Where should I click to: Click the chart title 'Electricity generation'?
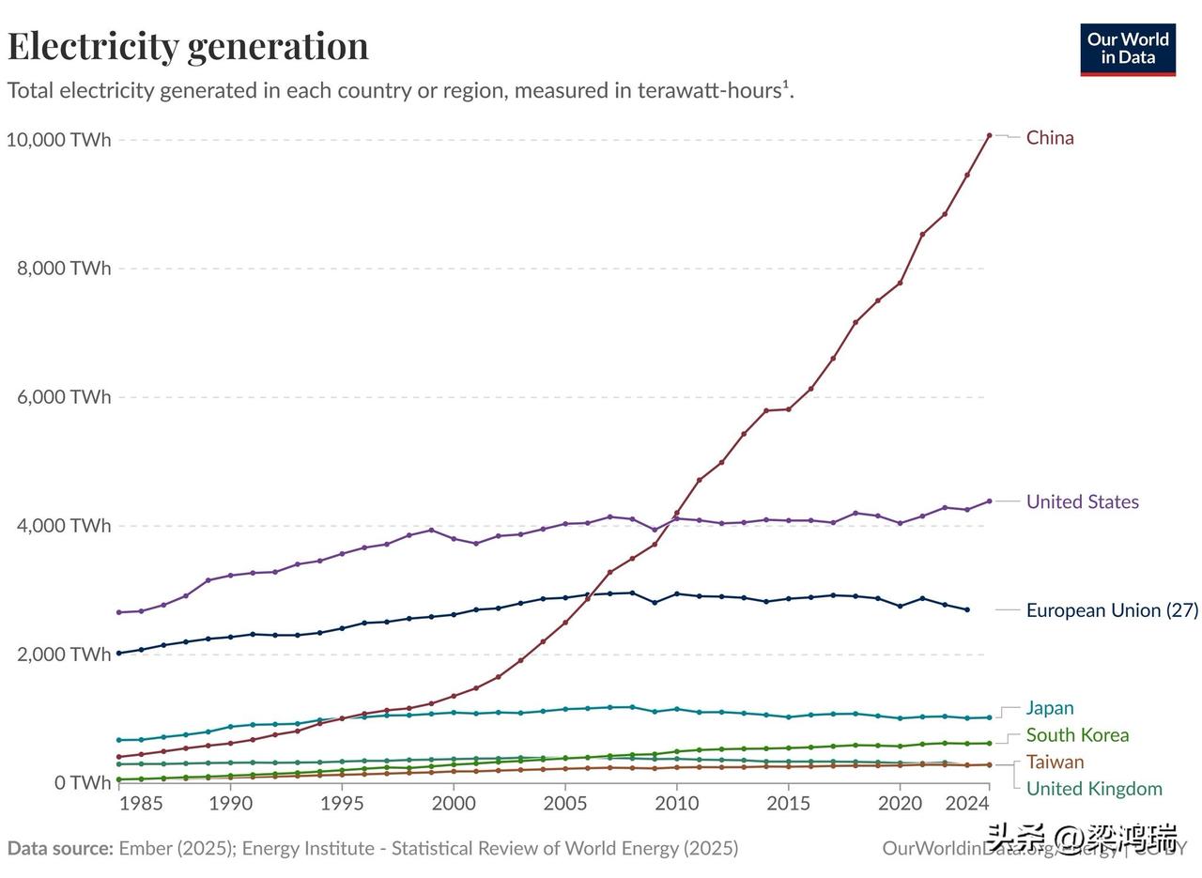188,45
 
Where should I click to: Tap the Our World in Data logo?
1128,50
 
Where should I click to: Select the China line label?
1050,138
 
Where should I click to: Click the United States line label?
1082,501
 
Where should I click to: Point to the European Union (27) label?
1112,610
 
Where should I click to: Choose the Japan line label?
1049,708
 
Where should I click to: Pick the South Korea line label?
1077,735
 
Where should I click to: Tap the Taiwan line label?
1055,762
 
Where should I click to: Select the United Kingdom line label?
1094,789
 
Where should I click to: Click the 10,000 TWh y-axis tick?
58,140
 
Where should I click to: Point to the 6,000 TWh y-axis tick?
64,397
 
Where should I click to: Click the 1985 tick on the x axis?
141,804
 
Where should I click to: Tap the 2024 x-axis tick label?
967,804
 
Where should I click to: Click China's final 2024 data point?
989,135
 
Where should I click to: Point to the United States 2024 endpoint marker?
989,501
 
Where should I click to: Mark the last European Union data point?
967,610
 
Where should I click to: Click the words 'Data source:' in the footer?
60,849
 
